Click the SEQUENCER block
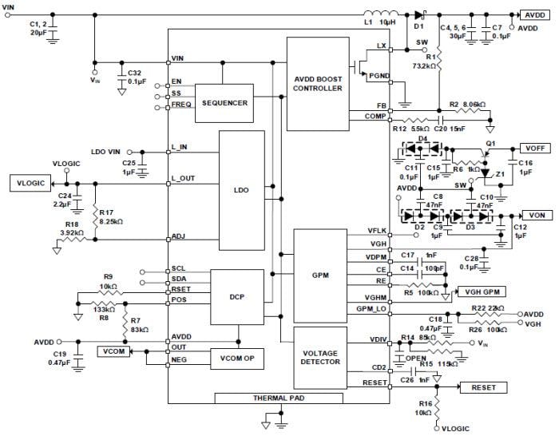tap(224, 103)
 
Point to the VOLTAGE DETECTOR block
tap(320, 356)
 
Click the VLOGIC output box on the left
tap(30, 184)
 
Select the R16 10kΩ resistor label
tap(422, 410)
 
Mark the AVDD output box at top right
tap(533, 14)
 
